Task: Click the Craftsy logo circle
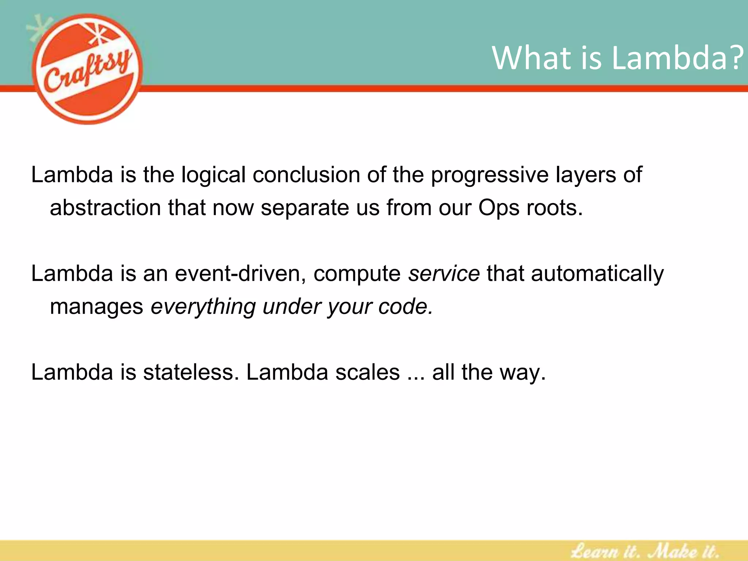tap(88, 69)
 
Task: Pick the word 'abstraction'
tap(105, 207)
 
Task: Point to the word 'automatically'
tap(597, 274)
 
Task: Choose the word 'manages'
tap(96, 307)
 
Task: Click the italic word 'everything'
tap(203, 307)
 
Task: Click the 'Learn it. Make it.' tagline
tap(645, 550)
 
